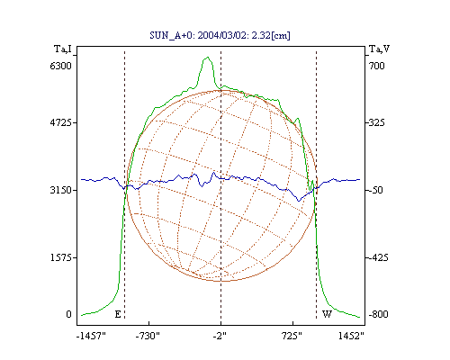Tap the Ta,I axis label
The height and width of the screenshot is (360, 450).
62,49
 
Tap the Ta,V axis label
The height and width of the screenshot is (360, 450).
379,49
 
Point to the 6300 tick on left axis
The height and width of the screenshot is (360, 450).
61,66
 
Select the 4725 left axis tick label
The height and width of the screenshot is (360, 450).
61,122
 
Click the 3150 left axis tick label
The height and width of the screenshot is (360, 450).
61,190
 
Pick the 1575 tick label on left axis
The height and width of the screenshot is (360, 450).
61,257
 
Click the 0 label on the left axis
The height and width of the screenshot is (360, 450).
68,314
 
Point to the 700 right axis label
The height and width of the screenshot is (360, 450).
377,66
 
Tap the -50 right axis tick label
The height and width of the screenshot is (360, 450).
375,190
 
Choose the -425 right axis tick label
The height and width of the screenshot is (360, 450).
378,257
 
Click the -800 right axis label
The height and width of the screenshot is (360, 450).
378,314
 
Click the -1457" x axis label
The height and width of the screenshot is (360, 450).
91,337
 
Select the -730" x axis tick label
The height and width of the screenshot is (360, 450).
148,337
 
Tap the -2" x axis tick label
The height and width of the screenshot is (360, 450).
220,337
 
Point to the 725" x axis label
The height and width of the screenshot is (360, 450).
292,337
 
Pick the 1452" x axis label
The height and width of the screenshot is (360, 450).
351,337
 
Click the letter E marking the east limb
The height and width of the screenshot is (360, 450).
118,314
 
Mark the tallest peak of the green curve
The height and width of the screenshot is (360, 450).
208,57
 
